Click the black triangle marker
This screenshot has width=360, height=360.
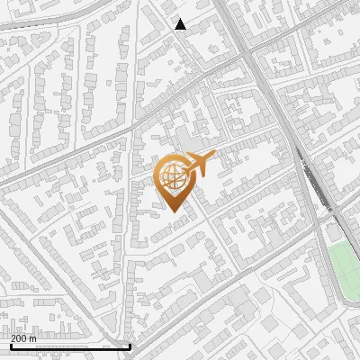[x=181, y=24]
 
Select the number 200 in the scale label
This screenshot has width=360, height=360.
[x=20, y=339]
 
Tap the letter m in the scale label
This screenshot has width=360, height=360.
[x=34, y=339]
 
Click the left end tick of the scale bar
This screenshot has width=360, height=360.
[x=11, y=346]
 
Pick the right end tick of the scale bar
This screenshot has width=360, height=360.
[x=130, y=346]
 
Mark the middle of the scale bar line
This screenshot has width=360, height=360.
[x=70, y=347]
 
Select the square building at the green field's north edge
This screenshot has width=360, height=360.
[x=334, y=233]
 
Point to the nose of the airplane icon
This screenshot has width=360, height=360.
[x=215, y=158]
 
